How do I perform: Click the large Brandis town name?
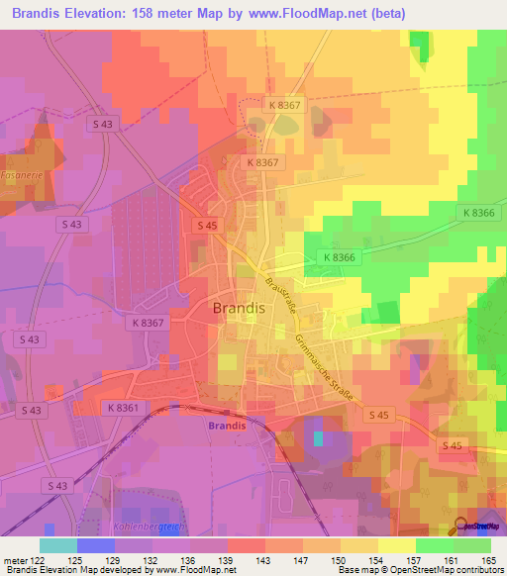238,308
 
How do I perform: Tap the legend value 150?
338,559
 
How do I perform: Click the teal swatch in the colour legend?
57,545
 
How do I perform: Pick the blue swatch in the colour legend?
95,545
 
